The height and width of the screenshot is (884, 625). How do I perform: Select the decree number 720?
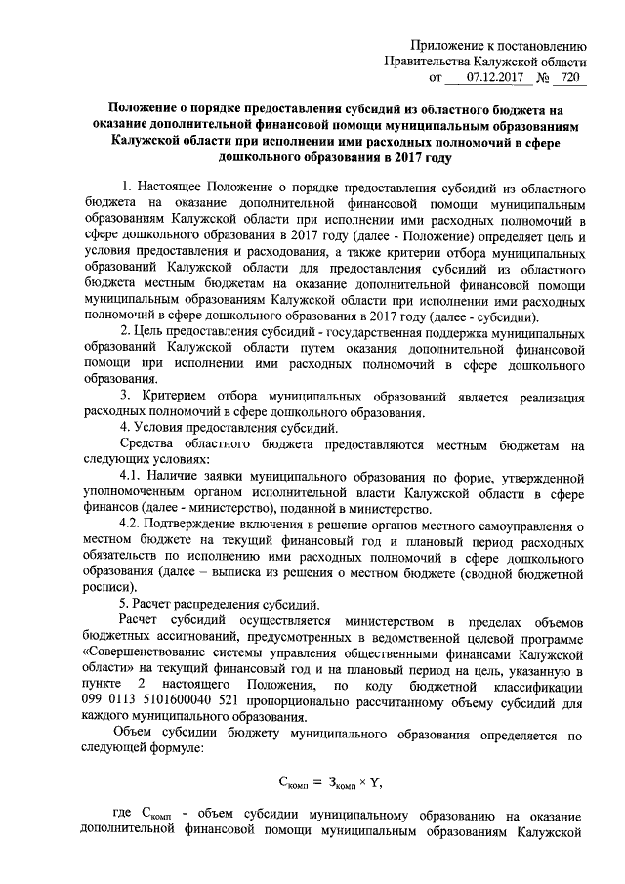click(571, 76)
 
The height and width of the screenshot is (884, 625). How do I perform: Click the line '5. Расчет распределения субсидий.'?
click(226, 604)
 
